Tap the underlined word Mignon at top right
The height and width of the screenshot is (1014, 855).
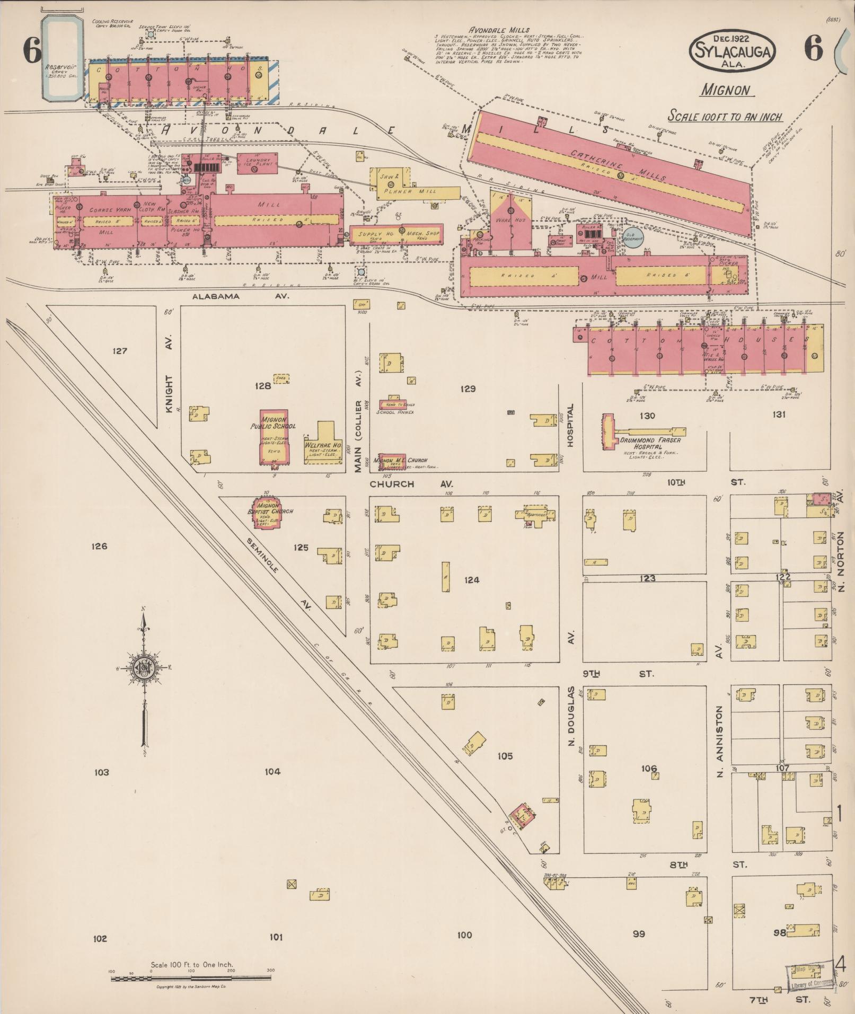tap(727, 90)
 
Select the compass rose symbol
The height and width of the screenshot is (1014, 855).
tap(143, 668)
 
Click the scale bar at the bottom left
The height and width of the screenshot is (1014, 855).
tap(191, 977)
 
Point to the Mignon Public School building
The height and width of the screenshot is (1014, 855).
tap(274, 437)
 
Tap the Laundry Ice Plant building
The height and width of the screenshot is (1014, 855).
tap(258, 163)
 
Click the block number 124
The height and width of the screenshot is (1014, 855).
tap(471, 580)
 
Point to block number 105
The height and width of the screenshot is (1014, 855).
tap(505, 755)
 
